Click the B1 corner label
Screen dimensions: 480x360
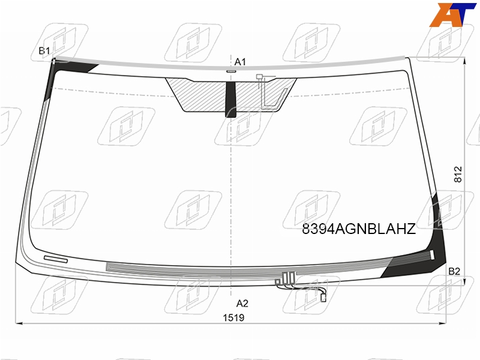(44, 50)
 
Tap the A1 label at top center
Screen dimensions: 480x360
(240, 62)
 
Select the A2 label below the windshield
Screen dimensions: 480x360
(242, 304)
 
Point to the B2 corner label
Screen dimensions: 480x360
(454, 271)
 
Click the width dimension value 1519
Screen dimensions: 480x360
(233, 318)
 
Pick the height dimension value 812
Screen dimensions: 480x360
(458, 175)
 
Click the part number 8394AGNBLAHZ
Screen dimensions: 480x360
(359, 229)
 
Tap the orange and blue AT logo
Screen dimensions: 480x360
(452, 14)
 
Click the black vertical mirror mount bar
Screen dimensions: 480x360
(231, 100)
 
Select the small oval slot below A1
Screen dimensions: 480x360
(231, 71)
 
